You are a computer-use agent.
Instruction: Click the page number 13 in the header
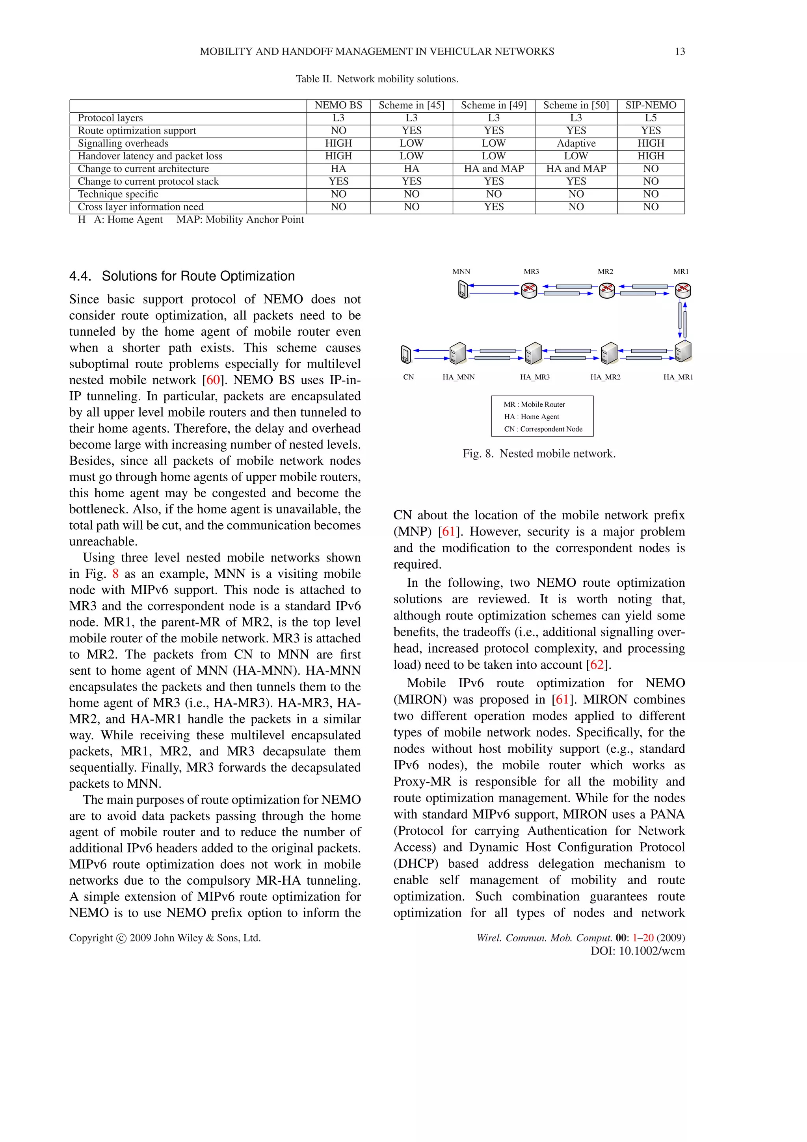679,51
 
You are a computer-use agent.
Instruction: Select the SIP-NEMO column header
651,105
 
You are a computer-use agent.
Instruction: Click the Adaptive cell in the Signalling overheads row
576,143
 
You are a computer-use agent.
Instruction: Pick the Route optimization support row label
137,130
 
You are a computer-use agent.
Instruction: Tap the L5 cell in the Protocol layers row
651,118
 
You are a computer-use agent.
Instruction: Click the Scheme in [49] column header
493,105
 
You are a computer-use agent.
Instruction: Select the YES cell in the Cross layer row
493,207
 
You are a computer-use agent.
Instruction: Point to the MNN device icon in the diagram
463,290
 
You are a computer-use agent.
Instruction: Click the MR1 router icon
683,290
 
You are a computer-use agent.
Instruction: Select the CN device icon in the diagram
406,354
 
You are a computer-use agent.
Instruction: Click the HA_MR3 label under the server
535,377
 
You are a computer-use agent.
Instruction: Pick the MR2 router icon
606,290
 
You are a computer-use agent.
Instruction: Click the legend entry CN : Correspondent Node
543,429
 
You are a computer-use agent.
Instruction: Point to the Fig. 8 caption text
539,454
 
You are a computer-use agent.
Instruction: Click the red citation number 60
213,380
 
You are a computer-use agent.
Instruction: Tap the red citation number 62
597,665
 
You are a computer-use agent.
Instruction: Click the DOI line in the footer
638,951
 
